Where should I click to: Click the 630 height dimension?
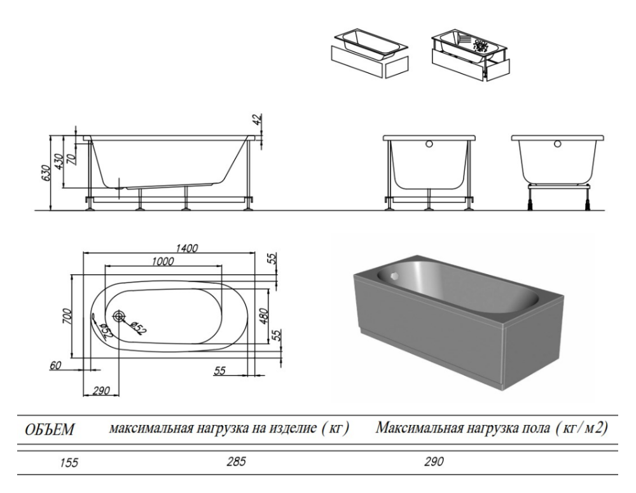pos(45,174)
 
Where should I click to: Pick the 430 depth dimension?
pos(59,162)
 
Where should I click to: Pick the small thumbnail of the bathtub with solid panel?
pos(370,53)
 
